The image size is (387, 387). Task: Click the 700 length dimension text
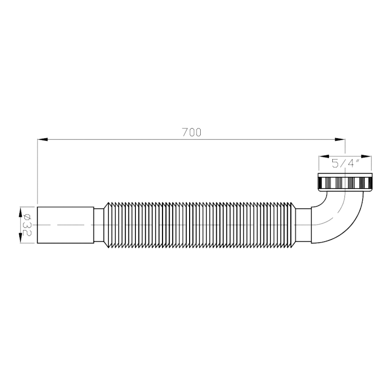[192, 132]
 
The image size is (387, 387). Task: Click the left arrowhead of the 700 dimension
[43, 139]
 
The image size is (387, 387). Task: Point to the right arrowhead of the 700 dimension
[340, 139]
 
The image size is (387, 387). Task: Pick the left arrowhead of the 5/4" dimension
[324, 156]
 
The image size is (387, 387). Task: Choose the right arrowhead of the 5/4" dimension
[366, 156]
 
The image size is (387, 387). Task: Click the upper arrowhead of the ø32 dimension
[20, 212]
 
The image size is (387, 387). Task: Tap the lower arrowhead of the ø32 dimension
[20, 238]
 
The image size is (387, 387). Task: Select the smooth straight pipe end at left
[65, 225]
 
